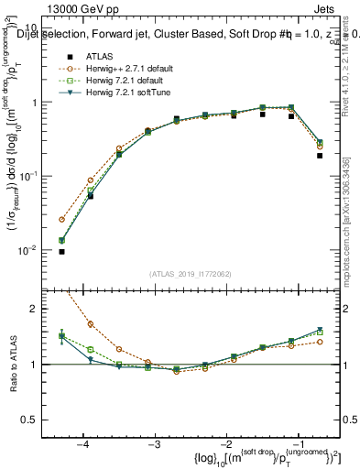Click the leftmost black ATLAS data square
tap(61, 251)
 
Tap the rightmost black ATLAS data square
tap(320, 156)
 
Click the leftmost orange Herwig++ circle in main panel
tap(61, 220)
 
